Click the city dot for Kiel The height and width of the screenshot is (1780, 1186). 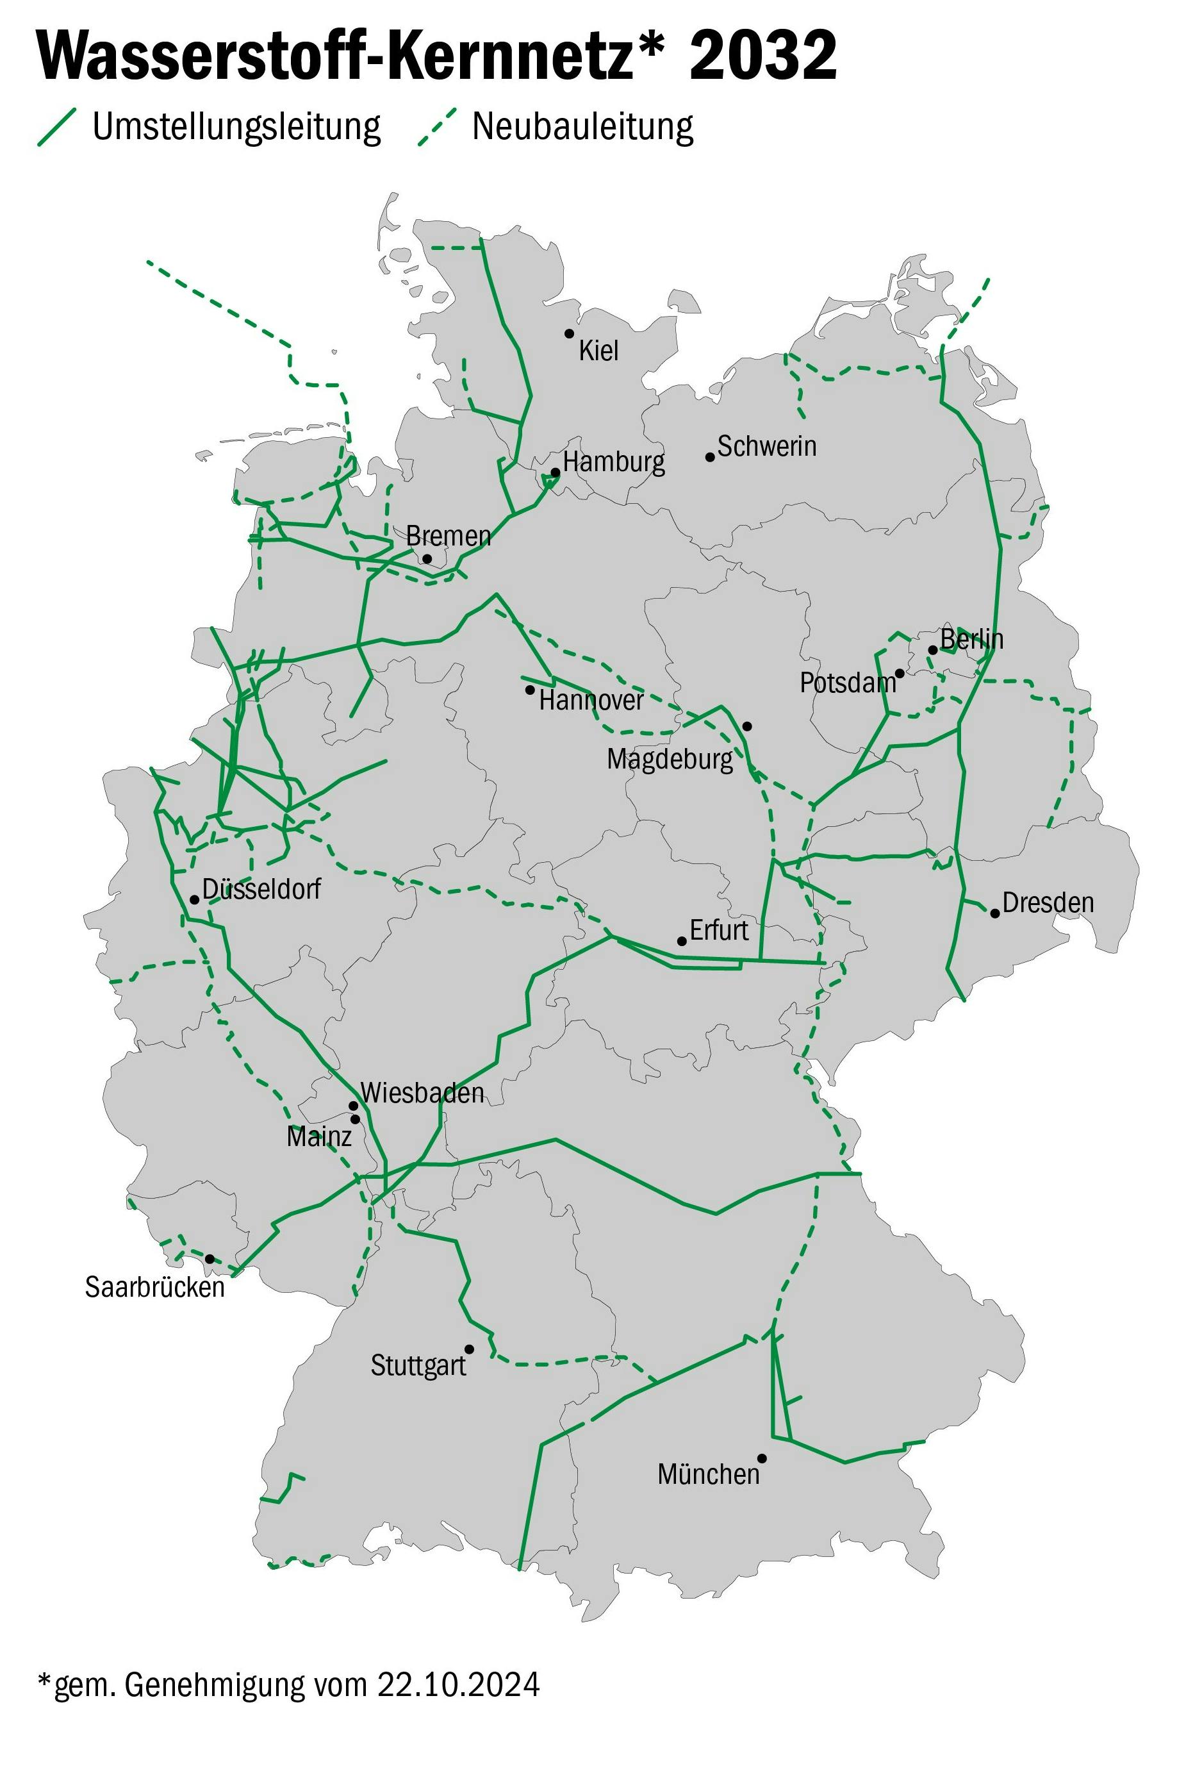tap(569, 333)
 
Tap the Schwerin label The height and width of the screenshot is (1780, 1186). tap(766, 446)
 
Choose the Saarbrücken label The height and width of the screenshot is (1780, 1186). tap(154, 1287)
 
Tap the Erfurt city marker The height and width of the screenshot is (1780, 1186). tap(682, 941)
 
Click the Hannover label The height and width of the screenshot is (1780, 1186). tap(591, 701)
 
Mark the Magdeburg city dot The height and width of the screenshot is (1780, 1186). tap(746, 726)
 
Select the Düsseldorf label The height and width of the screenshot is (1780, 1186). tap(261, 889)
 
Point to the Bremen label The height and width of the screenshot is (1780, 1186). tap(449, 536)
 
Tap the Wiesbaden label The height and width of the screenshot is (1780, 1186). tap(422, 1093)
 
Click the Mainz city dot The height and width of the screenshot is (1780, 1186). tap(355, 1119)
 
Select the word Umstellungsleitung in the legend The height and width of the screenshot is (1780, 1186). tap(236, 127)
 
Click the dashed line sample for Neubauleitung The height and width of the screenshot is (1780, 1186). tap(437, 127)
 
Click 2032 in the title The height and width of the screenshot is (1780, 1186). tap(762, 57)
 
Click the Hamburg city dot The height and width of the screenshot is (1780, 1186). tap(555, 473)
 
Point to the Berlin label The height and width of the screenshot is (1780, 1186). tap(971, 639)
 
